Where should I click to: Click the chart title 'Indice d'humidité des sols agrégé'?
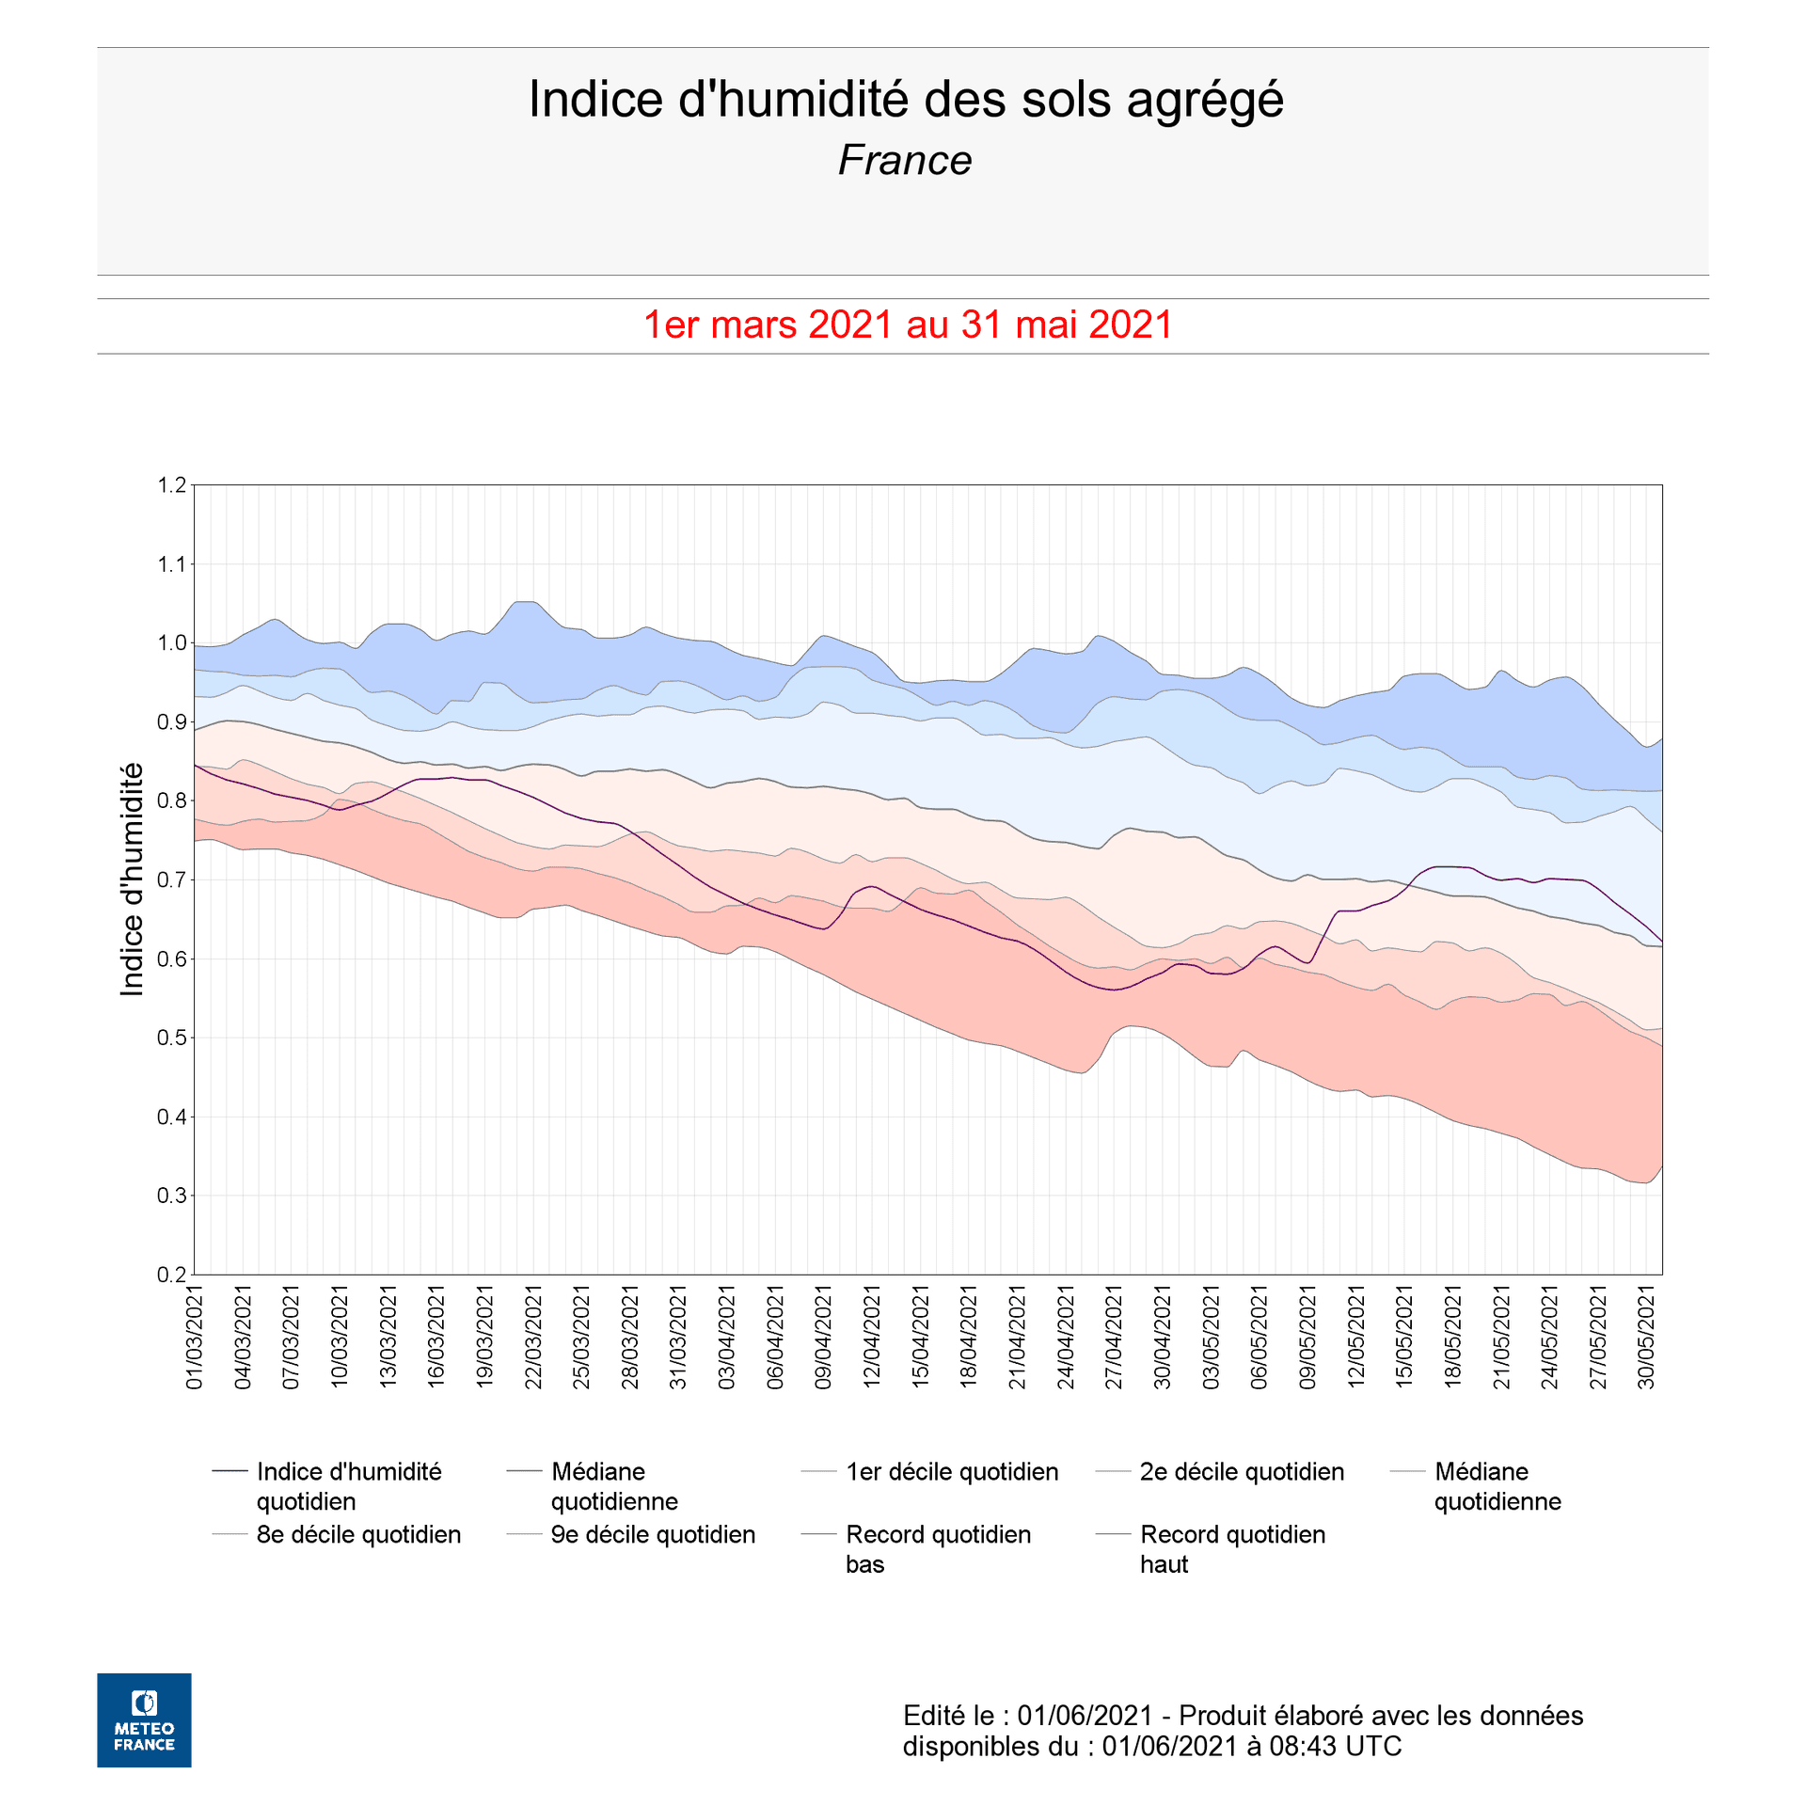[905, 100]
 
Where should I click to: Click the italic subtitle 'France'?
[904, 161]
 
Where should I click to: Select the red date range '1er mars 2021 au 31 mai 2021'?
[908, 325]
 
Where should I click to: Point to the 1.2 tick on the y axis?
[172, 485]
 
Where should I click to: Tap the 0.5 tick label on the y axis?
[172, 1038]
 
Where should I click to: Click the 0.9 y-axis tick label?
[172, 722]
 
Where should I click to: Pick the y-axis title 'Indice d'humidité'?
[133, 879]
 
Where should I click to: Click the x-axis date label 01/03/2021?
[195, 1337]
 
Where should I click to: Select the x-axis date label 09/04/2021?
[824, 1337]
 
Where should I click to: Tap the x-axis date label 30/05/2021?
[1647, 1337]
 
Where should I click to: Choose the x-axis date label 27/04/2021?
[1115, 1337]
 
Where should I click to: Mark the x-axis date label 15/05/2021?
[1404, 1337]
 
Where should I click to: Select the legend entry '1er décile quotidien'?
[951, 1471]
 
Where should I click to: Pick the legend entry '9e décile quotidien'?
[653, 1534]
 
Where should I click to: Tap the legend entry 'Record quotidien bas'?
[938, 1548]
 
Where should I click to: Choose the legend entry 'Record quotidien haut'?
[1232, 1548]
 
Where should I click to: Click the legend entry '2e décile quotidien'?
[1242, 1471]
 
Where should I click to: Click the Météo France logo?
[144, 1719]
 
